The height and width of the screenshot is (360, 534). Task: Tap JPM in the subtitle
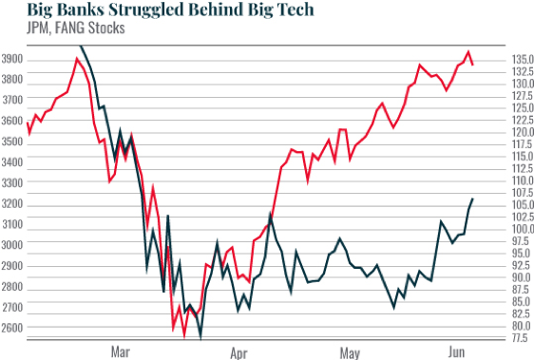(x=15, y=28)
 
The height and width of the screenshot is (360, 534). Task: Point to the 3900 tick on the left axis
(x=14, y=60)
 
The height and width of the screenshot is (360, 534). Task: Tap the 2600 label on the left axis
(x=14, y=328)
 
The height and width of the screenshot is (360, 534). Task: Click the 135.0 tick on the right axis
(x=524, y=60)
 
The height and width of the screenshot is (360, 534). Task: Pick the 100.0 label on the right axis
(x=524, y=229)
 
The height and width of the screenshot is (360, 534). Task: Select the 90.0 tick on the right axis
(x=524, y=277)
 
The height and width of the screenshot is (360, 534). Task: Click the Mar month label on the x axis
(x=120, y=352)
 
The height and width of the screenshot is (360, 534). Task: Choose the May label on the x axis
(x=351, y=352)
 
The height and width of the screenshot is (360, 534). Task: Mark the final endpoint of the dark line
(x=472, y=199)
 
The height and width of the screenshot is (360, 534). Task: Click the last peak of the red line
(x=468, y=52)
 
